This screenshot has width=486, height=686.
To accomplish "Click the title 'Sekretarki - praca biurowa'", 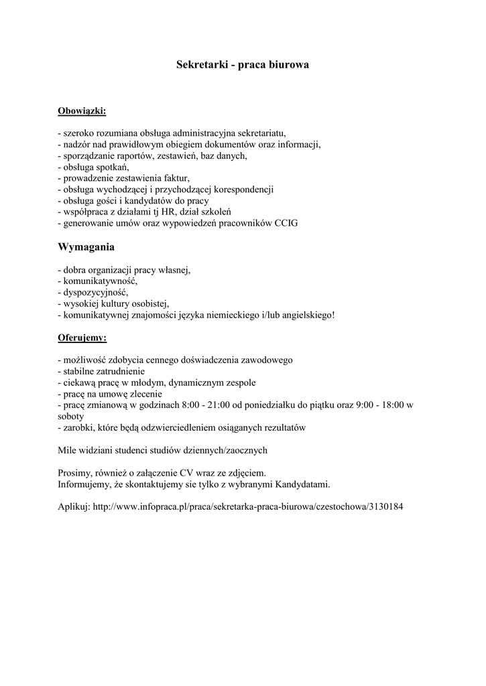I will coord(243,66).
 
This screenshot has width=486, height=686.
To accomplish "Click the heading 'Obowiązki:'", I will coord(82,110).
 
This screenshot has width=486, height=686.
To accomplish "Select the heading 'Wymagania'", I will coord(86,247).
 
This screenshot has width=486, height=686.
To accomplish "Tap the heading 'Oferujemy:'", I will coord(82,337).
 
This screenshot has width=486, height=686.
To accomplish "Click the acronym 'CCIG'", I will coord(286,223).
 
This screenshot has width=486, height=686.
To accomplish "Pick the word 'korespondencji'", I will coord(241,189).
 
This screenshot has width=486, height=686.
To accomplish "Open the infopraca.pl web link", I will coord(248,506).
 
